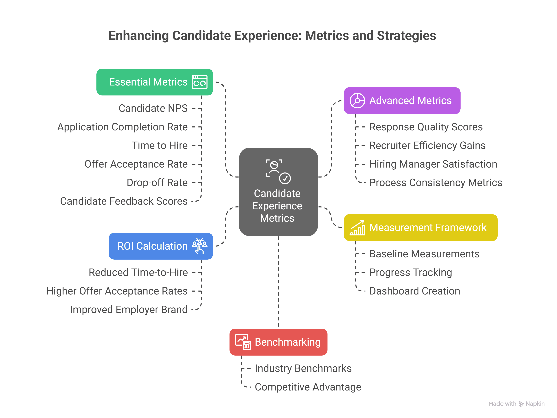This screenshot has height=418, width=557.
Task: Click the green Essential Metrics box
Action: click(x=154, y=82)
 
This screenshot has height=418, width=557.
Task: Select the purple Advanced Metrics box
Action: click(x=402, y=100)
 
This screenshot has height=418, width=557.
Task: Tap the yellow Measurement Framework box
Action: click(x=421, y=228)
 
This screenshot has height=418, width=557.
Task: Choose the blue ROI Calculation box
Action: click(x=161, y=246)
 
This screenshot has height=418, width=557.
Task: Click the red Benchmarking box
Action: click(x=278, y=342)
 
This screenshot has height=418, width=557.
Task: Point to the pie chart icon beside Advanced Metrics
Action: click(x=357, y=100)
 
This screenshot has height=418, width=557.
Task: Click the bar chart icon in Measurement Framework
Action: click(x=357, y=228)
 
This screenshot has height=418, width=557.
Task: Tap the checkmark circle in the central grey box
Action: click(x=285, y=178)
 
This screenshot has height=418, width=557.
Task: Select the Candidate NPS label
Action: click(x=153, y=108)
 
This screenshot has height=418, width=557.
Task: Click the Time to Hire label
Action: click(x=160, y=145)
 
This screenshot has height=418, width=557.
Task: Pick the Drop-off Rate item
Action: click(x=157, y=183)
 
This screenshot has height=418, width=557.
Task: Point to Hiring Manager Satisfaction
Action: click(x=433, y=164)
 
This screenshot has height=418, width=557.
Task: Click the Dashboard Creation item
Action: click(x=414, y=291)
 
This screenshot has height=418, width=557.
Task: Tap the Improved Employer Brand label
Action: click(x=129, y=310)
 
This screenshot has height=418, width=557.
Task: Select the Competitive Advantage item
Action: click(x=308, y=387)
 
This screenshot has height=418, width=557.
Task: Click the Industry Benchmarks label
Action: click(x=303, y=368)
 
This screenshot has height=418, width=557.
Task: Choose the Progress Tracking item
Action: click(x=411, y=272)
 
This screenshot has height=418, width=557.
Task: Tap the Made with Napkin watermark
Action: click(x=516, y=404)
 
